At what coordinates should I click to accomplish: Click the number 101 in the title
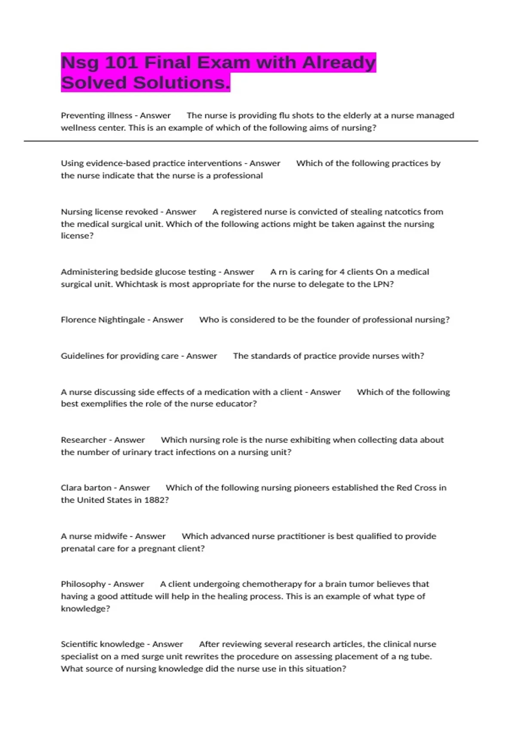121,63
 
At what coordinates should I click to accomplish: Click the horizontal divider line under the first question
251,141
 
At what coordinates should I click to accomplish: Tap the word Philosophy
83,584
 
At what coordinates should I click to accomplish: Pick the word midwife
111,536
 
